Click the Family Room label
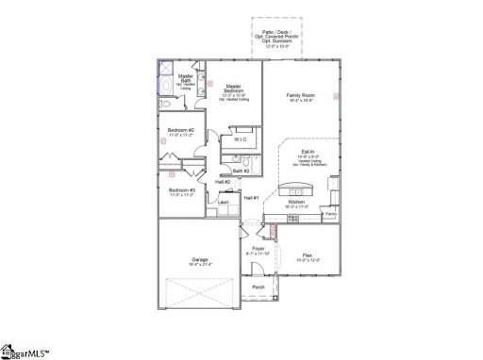click(x=300, y=95)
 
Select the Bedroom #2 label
click(x=181, y=130)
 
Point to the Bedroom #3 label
click(x=181, y=190)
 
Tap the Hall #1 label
click(x=251, y=197)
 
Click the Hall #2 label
click(x=222, y=181)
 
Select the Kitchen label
click(x=296, y=203)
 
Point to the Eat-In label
click(x=308, y=151)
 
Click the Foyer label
click(x=258, y=249)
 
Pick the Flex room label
click(x=305, y=254)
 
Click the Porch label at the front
click(x=258, y=286)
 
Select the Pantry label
click(x=330, y=214)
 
